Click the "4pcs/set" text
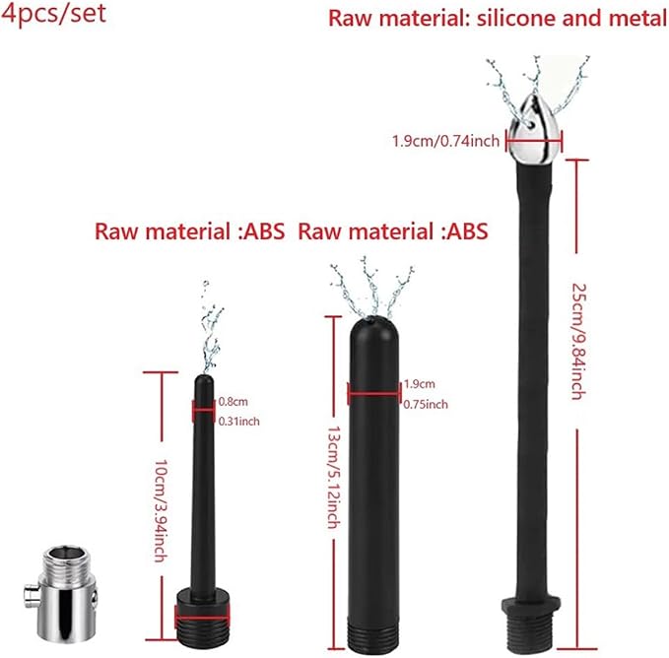click(53, 14)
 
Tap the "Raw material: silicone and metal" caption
click(498, 19)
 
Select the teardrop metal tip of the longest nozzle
click(534, 128)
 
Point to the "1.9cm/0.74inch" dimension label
click(446, 141)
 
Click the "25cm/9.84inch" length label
click(578, 341)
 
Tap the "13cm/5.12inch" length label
click(334, 477)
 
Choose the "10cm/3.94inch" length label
click(162, 510)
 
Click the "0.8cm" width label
click(233, 401)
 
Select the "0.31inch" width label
click(238, 422)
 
